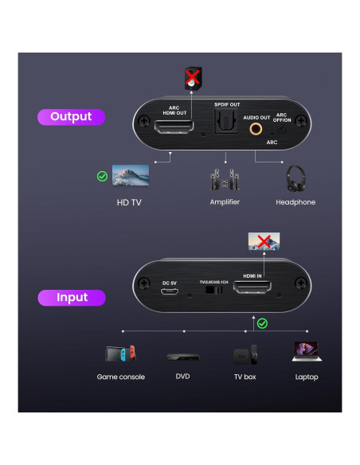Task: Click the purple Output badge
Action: click(x=71, y=117)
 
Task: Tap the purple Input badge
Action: click(x=72, y=298)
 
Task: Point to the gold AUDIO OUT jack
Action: click(x=257, y=126)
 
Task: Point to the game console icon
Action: click(x=121, y=353)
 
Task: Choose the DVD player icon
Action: click(x=182, y=356)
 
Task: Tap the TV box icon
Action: click(x=244, y=354)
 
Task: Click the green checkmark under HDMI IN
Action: click(x=263, y=323)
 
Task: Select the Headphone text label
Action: click(x=295, y=202)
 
